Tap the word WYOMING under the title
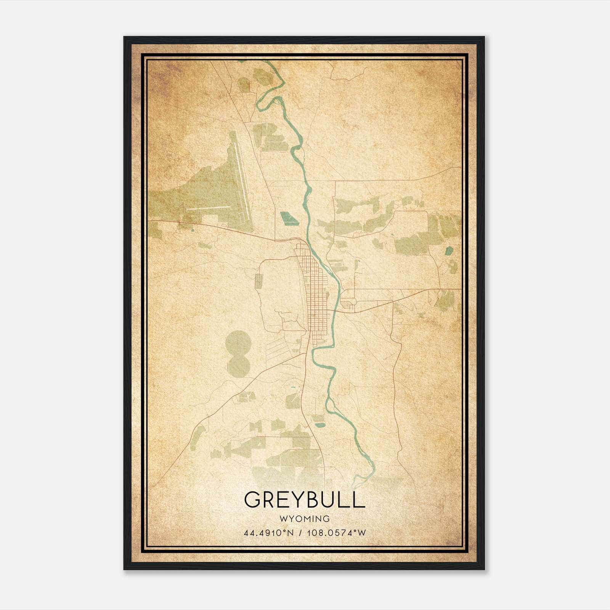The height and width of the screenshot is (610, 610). (304, 518)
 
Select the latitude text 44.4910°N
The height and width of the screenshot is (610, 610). (269, 533)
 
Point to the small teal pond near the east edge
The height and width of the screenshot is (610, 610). (449, 251)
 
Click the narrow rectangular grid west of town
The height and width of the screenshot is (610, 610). (258, 281)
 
